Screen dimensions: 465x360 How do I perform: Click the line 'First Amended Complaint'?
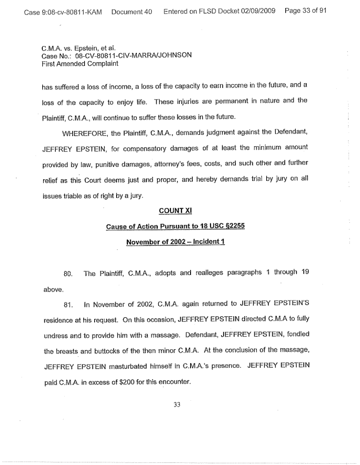pos(80,63)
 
